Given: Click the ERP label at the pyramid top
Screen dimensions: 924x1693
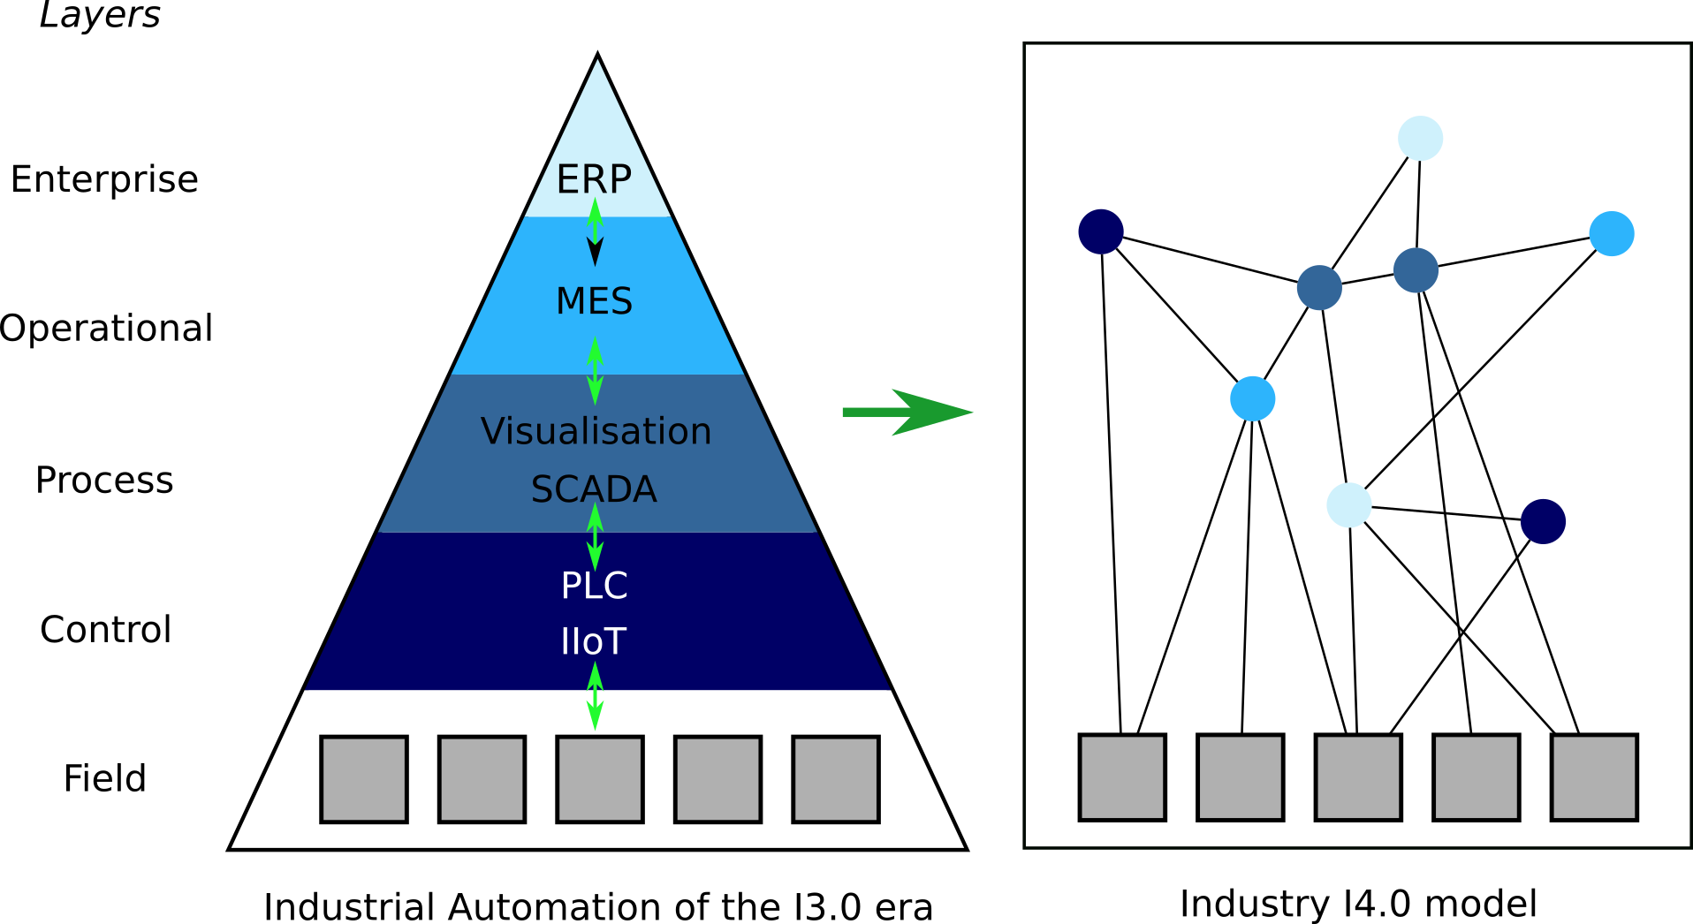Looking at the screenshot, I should pyautogui.click(x=594, y=179).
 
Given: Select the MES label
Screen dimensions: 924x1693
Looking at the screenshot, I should pyautogui.click(x=594, y=301).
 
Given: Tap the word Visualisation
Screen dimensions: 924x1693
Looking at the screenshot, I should pyautogui.click(x=596, y=431).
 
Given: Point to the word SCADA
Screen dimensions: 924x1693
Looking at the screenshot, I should pyautogui.click(x=594, y=489).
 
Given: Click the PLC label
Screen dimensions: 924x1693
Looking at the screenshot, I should pyautogui.click(x=594, y=586).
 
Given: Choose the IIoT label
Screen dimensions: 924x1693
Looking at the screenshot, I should pyautogui.click(x=594, y=641).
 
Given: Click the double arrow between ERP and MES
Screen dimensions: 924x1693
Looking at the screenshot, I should pyautogui.click(x=596, y=231).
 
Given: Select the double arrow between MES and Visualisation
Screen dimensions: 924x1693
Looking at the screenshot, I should pyautogui.click(x=596, y=371).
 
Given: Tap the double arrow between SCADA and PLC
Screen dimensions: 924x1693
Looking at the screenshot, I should pyautogui.click(x=596, y=536).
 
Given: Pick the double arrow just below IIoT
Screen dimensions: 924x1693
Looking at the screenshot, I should pyautogui.click(x=596, y=696).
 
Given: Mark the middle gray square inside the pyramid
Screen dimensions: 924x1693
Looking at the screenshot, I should pyautogui.click(x=600, y=779).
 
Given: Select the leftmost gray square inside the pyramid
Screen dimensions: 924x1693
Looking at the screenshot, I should pyautogui.click(x=364, y=779).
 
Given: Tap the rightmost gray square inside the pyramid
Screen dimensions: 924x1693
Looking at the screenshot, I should pyautogui.click(x=836, y=779).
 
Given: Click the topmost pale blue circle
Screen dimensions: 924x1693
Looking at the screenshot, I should pyautogui.click(x=1421, y=138).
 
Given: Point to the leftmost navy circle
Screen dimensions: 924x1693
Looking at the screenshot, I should pyautogui.click(x=1101, y=231).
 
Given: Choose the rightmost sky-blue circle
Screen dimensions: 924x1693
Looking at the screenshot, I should pyautogui.click(x=1612, y=234).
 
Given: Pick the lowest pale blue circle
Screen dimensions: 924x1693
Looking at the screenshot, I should pyautogui.click(x=1349, y=505).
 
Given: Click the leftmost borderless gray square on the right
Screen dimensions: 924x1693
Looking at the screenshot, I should pyautogui.click(x=1122, y=777).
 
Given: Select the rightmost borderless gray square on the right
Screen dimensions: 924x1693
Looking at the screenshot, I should pyautogui.click(x=1594, y=777).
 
